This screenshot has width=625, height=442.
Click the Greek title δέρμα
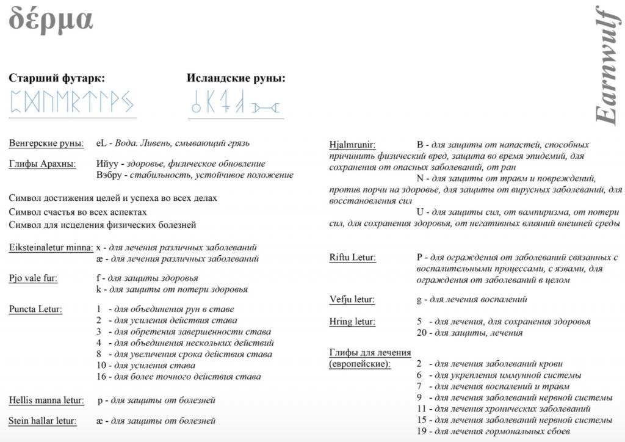[x=51, y=20]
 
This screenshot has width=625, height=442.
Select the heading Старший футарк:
[x=57, y=78]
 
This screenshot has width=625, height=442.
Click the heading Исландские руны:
[x=236, y=78]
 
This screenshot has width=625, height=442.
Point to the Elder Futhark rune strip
[x=71, y=101]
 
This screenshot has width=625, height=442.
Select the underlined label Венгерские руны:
[x=46, y=143]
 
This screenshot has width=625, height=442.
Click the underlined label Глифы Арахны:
[x=42, y=164]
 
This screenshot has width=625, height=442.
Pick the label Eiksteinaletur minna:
[x=50, y=248]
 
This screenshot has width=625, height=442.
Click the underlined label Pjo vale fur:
[x=33, y=278]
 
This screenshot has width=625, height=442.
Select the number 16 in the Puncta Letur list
[x=101, y=377]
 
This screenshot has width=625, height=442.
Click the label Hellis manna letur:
[x=46, y=400]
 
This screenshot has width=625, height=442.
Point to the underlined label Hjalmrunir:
[x=352, y=145]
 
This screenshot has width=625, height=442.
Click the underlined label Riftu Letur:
[x=352, y=258]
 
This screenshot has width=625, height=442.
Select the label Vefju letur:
[x=352, y=299]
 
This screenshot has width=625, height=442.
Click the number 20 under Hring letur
[x=422, y=333]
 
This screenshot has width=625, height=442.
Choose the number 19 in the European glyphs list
[x=421, y=432]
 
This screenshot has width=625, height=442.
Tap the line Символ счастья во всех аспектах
[x=78, y=211]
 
